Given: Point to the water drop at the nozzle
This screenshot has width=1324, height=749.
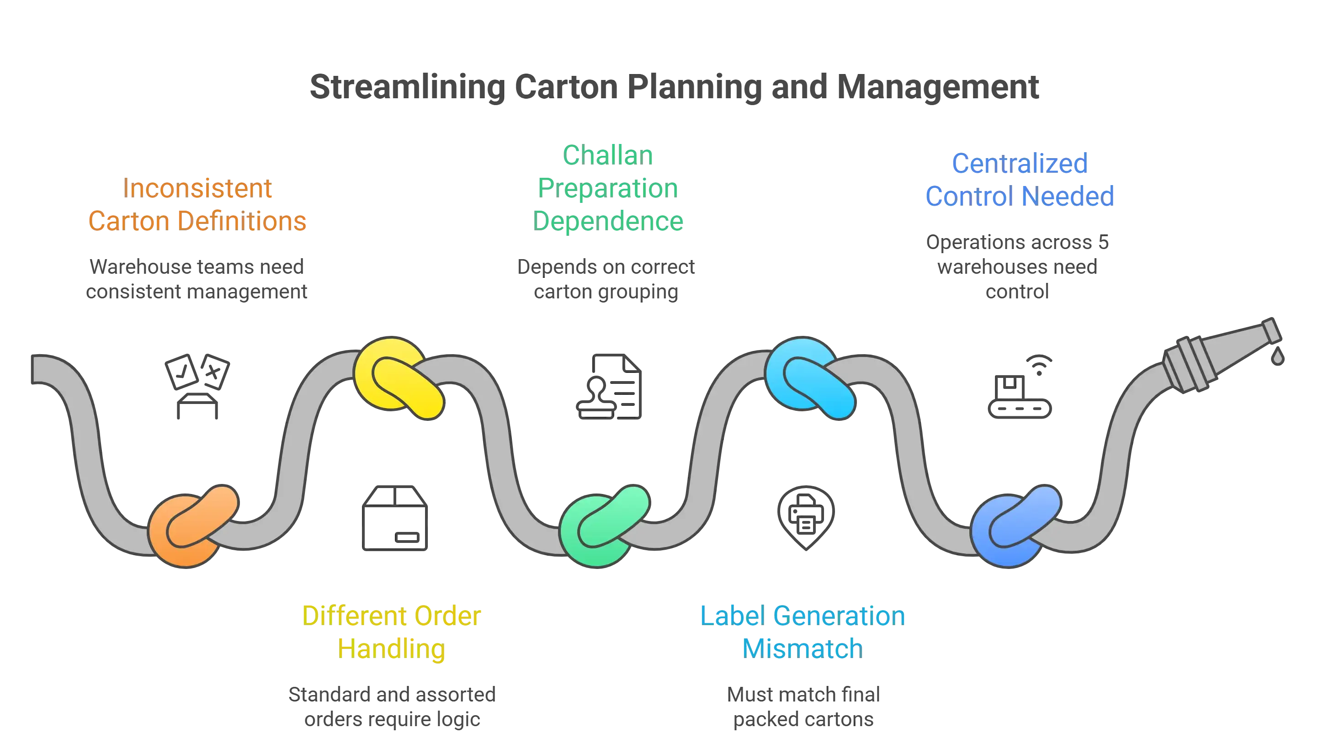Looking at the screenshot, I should point(1276,356).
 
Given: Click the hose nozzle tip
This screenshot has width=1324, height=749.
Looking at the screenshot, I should point(1268,329).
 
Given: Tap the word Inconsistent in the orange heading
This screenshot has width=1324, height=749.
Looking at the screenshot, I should point(198,188).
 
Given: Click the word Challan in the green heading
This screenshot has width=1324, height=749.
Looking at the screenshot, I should point(608,155).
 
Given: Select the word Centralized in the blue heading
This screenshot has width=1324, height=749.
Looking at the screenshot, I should point(1019,164).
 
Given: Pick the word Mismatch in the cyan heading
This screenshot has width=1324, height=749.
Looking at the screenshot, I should point(802,648).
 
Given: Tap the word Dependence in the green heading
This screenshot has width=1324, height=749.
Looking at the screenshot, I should point(608,221).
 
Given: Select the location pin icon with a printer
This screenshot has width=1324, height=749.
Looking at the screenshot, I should point(806,517).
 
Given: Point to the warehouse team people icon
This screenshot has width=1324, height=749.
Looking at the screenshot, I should point(197,386).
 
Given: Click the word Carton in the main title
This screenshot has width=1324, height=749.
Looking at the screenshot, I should point(566,87).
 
